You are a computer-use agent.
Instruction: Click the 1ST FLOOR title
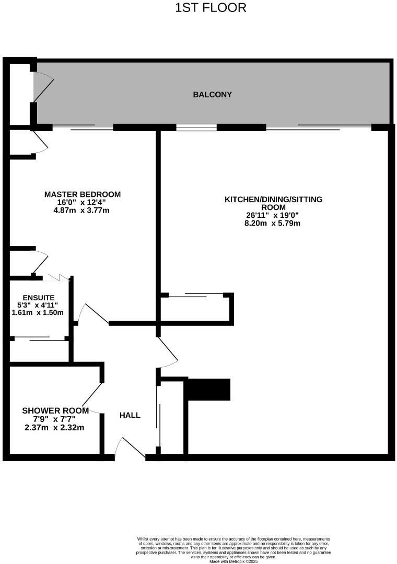[211, 8]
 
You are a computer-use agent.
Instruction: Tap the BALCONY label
[212, 95]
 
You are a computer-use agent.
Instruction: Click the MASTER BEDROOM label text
[83, 194]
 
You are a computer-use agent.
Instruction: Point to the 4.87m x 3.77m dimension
[83, 210]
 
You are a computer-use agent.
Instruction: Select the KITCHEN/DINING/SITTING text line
[273, 199]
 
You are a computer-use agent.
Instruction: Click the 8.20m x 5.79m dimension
[273, 223]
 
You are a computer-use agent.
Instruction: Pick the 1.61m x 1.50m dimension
[37, 313]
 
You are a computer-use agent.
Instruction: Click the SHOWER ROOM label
[55, 410]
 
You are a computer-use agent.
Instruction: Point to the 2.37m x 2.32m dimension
[54, 427]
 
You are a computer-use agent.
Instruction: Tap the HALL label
[130, 415]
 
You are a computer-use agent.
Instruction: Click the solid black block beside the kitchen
[208, 390]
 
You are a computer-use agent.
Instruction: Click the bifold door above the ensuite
[57, 277]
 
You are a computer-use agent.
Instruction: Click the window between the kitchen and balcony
[196, 127]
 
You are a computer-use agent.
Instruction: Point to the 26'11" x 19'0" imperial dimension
[273, 215]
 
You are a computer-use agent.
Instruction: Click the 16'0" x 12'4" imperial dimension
[82, 202]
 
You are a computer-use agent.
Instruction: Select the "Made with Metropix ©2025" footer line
[233, 561]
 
